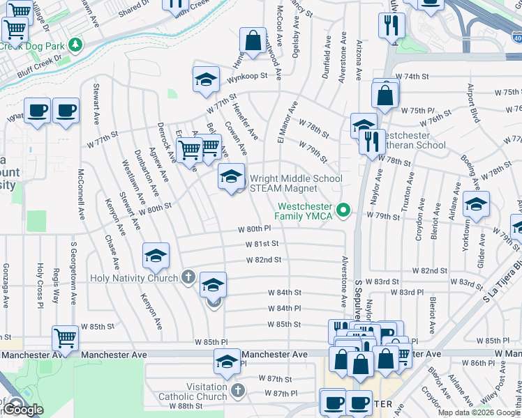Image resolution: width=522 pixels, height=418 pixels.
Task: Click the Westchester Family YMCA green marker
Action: click(343, 209)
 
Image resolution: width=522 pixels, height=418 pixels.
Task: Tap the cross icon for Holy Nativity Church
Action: click(187, 277)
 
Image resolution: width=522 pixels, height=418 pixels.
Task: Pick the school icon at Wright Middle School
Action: click(232, 178)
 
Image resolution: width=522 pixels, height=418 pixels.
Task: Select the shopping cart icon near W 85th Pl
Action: click(65, 339)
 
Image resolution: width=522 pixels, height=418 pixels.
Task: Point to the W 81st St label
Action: click(262, 244)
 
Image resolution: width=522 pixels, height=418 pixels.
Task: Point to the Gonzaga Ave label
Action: click(6, 286)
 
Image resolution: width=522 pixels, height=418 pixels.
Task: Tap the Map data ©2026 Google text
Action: click(479, 412)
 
